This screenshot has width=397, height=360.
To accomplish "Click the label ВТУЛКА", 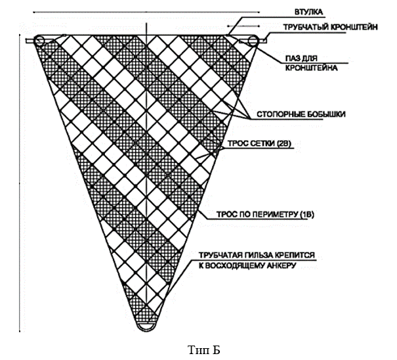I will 299,11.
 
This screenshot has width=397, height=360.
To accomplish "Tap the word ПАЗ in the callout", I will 293,58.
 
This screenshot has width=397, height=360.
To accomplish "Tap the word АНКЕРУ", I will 282,265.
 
